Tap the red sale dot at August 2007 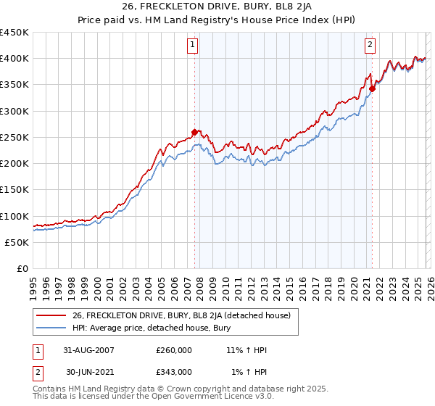(x=194, y=132)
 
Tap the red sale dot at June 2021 (x=372, y=88)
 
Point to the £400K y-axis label (x=14, y=59)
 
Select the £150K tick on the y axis (x=14, y=190)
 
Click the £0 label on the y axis (x=22, y=269)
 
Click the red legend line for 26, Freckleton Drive (x=51, y=315)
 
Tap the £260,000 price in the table (x=173, y=350)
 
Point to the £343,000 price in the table (x=173, y=372)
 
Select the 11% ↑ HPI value (x=246, y=350)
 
